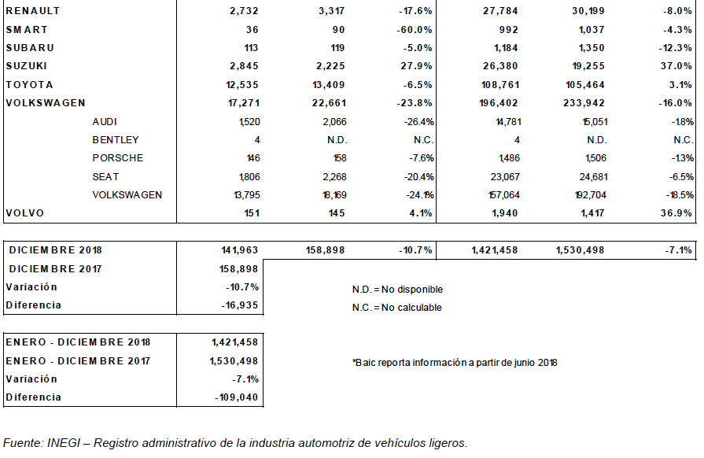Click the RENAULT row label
click(x=33, y=11)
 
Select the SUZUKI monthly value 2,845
click(x=244, y=66)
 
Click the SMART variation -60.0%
click(x=414, y=30)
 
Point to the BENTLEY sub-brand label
click(x=116, y=140)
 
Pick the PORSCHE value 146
click(x=253, y=158)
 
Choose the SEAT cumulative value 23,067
click(x=505, y=177)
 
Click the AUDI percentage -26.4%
click(x=418, y=122)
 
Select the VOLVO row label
click(x=25, y=213)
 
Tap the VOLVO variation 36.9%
click(x=676, y=213)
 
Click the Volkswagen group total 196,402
click(x=499, y=103)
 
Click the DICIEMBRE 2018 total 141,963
click(x=240, y=250)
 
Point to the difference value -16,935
click(x=240, y=305)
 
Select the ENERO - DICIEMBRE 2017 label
click(x=78, y=361)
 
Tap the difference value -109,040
click(x=237, y=397)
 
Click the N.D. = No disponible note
click(x=397, y=290)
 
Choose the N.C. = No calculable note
click(x=397, y=308)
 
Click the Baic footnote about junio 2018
click(x=455, y=363)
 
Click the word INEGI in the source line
click(x=63, y=443)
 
